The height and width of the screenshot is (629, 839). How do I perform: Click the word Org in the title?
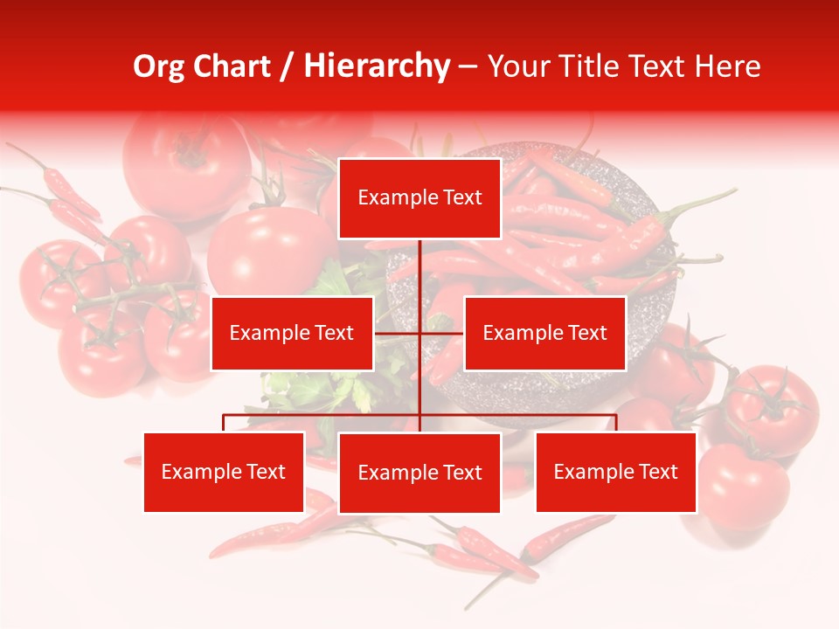tap(158, 66)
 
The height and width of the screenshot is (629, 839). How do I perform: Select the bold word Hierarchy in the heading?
tap(377, 66)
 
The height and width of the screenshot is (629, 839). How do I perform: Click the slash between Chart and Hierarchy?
tap(287, 66)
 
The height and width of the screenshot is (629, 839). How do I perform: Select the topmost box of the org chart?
tap(419, 198)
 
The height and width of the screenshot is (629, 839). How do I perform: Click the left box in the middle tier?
tap(292, 333)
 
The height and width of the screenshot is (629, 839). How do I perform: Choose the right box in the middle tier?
tap(544, 333)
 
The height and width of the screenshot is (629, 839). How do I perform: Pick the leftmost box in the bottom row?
tap(224, 472)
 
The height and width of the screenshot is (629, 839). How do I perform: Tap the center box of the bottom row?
tap(419, 473)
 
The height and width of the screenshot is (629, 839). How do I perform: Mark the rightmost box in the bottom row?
tap(615, 472)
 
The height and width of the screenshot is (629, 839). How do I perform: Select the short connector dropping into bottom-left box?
tap(224, 423)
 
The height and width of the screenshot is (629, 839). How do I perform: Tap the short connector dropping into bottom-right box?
tap(616, 423)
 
